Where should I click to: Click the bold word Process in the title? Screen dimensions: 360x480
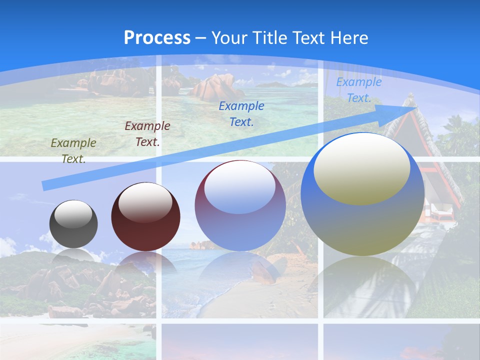pyautogui.click(x=157, y=38)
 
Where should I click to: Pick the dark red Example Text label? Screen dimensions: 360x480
pyautogui.click(x=147, y=134)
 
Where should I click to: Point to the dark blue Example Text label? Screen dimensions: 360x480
pyautogui.click(x=241, y=113)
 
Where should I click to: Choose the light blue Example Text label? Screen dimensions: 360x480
pyautogui.click(x=358, y=90)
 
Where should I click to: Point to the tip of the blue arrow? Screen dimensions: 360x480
pyautogui.click(x=416, y=107)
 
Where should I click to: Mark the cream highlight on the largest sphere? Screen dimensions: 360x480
pyautogui.click(x=362, y=167)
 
